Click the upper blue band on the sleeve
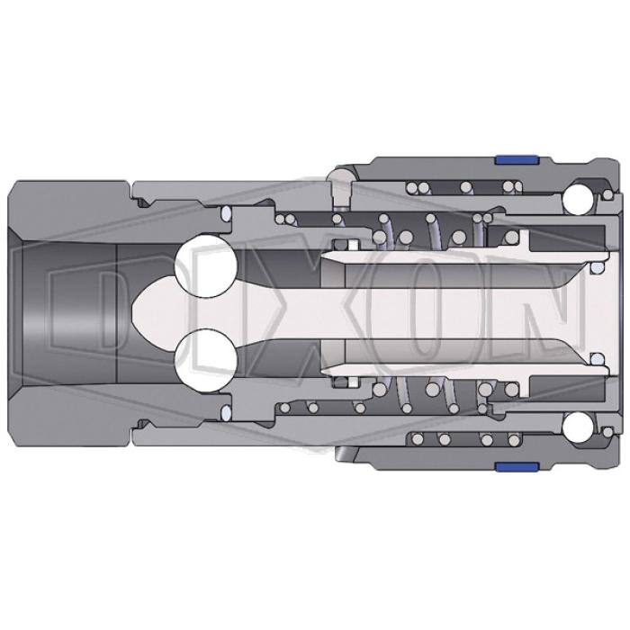[517, 159]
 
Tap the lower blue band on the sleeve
[517, 467]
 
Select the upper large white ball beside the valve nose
[206, 266]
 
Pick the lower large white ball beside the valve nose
[206, 360]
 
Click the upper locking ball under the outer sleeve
[578, 199]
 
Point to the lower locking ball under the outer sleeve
[578, 427]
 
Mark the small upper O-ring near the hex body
[227, 213]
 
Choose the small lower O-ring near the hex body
[227, 412]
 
